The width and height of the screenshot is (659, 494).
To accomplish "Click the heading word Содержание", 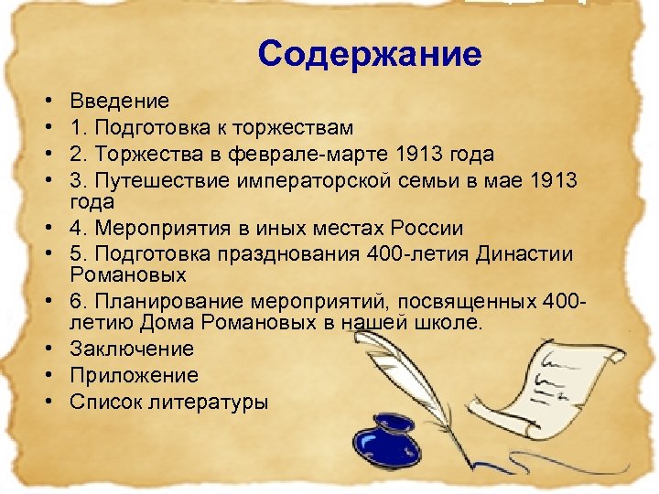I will click(x=369, y=55).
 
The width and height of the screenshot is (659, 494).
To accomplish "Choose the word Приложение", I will click(x=134, y=375).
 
